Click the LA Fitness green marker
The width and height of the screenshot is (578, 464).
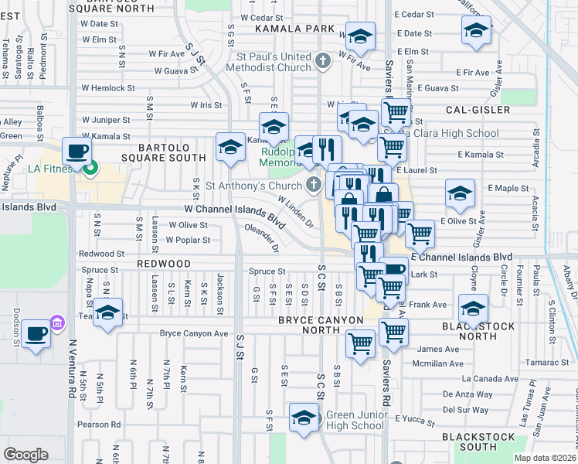click(90, 167)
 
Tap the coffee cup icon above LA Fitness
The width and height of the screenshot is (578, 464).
click(76, 150)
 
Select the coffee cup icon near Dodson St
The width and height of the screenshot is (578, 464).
click(36, 334)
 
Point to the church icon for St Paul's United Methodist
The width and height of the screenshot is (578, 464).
click(324, 59)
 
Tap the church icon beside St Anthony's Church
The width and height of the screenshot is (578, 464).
click(313, 184)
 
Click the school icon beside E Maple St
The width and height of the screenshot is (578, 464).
click(460, 193)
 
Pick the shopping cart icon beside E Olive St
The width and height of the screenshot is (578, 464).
click(420, 231)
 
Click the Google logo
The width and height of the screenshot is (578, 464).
click(25, 454)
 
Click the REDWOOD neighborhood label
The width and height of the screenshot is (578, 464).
click(164, 264)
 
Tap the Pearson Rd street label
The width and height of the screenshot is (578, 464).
click(99, 424)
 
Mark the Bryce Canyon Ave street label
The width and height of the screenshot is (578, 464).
click(194, 333)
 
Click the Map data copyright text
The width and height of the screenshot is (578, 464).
click(544, 458)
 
